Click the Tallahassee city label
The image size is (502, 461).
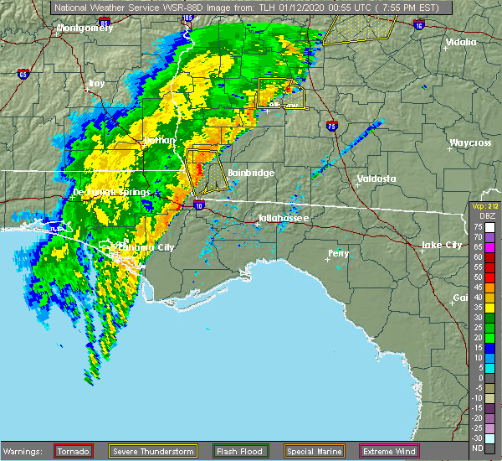(x=283, y=218)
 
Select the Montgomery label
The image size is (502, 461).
(x=84, y=28)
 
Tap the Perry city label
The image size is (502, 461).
(x=339, y=252)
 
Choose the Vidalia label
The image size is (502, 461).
(x=461, y=42)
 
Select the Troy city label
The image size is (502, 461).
(x=97, y=84)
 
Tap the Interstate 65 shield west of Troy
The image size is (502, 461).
(x=23, y=73)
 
